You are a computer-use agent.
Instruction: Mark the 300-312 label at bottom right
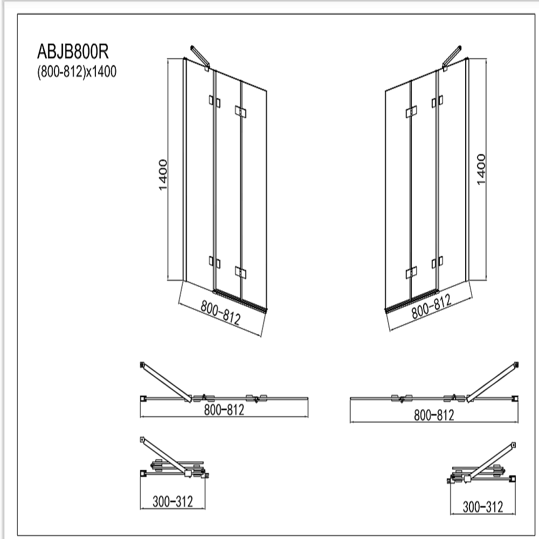[482, 507]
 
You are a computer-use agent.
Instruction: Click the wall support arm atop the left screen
[198, 57]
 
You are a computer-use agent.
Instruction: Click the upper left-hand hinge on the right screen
[411, 112]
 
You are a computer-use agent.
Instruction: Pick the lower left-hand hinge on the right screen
[411, 272]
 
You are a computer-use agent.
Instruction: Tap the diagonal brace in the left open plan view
[166, 381]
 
